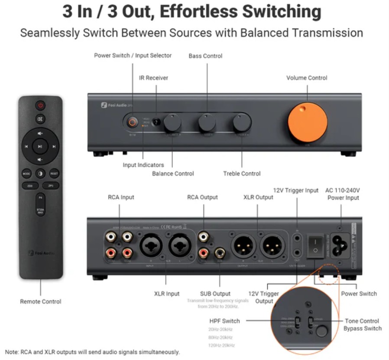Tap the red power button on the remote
pyautogui.click(x=40, y=105)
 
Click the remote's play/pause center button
pyautogui.click(x=40, y=146)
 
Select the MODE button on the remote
pyautogui.click(x=27, y=173)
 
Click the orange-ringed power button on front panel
pyautogui.click(x=132, y=123)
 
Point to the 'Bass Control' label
pyautogui.click(x=205, y=56)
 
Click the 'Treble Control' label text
pyautogui.click(x=242, y=173)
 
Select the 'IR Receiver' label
pyautogui.click(x=153, y=78)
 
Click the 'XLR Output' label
pyautogui.click(x=258, y=197)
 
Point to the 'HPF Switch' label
pyautogui.click(x=224, y=321)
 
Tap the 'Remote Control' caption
pyautogui.click(x=40, y=302)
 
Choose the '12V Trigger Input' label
pyautogui.click(x=296, y=190)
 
